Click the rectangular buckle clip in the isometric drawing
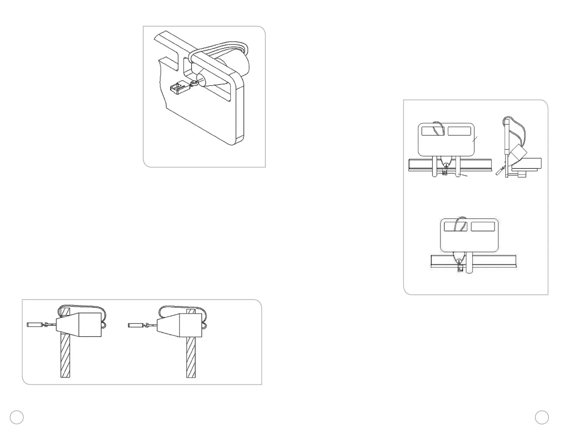click(x=180, y=89)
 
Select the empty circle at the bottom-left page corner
click(x=17, y=417)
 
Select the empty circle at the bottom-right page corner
click(x=542, y=417)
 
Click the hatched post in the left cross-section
click(x=65, y=356)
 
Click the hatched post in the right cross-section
click(x=191, y=356)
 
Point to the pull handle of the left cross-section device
click(x=34, y=324)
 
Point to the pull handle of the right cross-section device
click(x=134, y=325)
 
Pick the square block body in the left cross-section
click(x=90, y=325)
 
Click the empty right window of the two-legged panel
click(x=459, y=131)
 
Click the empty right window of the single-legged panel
click(x=483, y=227)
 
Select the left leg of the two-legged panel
click(x=435, y=167)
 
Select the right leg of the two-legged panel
click(x=459, y=167)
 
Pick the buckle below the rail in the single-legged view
click(x=460, y=269)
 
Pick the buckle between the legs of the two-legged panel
click(x=445, y=172)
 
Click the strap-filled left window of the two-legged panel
click(x=432, y=131)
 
